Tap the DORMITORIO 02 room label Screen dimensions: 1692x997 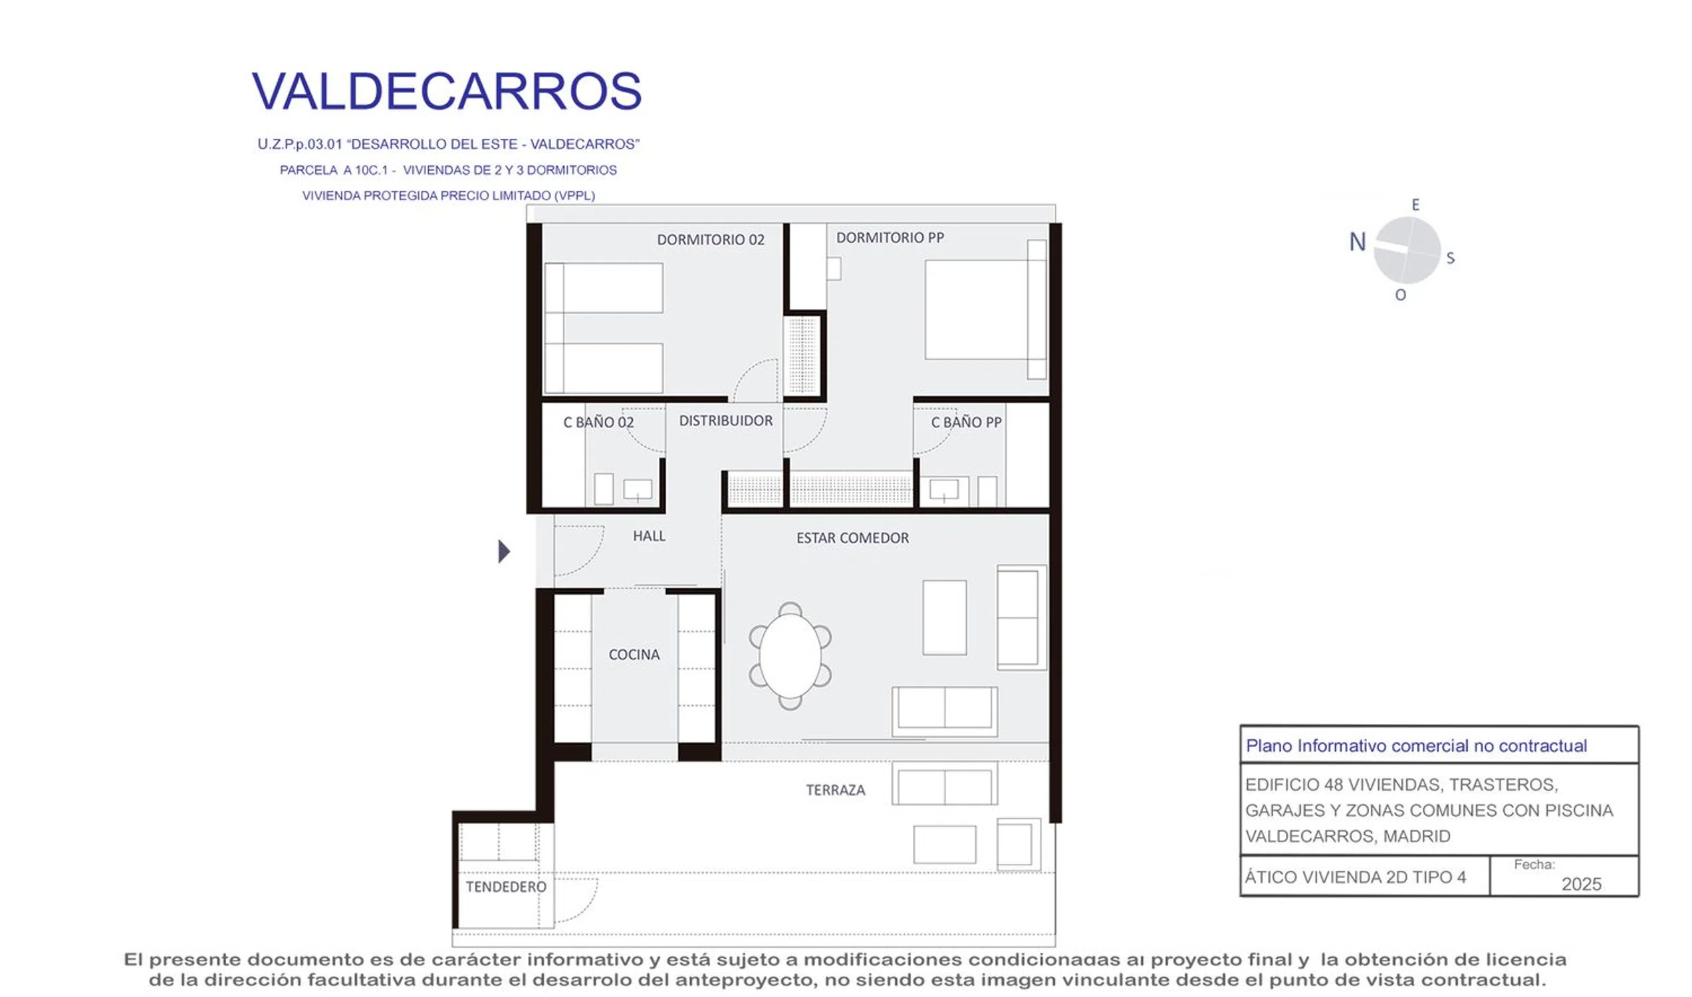[710, 240]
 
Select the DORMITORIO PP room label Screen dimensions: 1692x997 [890, 238]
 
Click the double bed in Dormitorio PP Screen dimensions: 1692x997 [985, 310]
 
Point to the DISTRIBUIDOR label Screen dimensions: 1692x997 [726, 421]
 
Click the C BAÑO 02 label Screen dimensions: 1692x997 [598, 422]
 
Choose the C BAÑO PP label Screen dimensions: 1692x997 [965, 422]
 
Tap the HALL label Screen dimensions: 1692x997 [649, 536]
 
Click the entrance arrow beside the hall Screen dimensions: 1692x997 [504, 552]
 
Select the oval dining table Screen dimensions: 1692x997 [790, 656]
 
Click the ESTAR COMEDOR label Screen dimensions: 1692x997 [852, 538]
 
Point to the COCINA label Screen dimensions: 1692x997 [634, 655]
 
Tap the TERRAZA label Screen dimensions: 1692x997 [835, 790]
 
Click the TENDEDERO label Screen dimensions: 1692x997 [506, 887]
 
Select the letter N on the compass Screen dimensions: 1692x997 [1358, 242]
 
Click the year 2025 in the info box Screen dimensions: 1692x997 [1581, 884]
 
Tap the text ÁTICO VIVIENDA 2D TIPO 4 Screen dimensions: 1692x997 [1355, 877]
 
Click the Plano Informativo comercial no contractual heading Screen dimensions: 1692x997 [1416, 746]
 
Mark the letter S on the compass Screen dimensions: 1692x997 [1450, 258]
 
